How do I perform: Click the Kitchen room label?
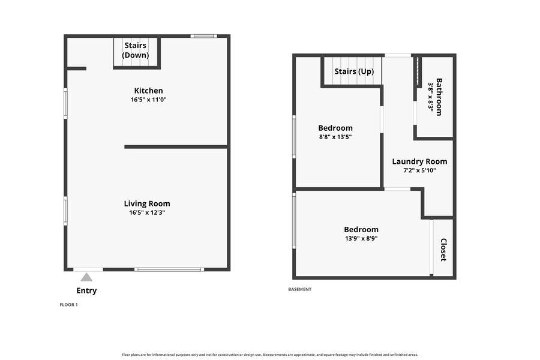pos(148,91)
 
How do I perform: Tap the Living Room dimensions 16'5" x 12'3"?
pos(147,212)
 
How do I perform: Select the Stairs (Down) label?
pos(136,50)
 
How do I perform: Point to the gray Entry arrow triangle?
pos(86,277)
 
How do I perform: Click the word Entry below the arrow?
pos(86,290)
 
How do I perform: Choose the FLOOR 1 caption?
pos(68,305)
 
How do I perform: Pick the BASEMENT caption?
pos(299,289)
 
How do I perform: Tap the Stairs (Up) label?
pos(354,71)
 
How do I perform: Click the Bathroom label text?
pos(439,97)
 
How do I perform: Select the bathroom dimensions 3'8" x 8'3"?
pos(430,96)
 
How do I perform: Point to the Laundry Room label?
pos(419,161)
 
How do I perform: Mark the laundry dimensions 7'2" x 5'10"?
pos(419,170)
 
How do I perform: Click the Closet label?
pos(443,250)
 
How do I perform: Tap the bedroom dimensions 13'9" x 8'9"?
pos(361,238)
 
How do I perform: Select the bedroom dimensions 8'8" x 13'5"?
pos(335,137)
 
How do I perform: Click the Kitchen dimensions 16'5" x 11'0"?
pos(148,100)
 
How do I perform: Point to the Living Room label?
pos(147,203)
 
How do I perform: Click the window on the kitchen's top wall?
pos(204,36)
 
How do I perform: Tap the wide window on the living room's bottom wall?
pos(169,269)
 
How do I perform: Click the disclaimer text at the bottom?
pos(270,355)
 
